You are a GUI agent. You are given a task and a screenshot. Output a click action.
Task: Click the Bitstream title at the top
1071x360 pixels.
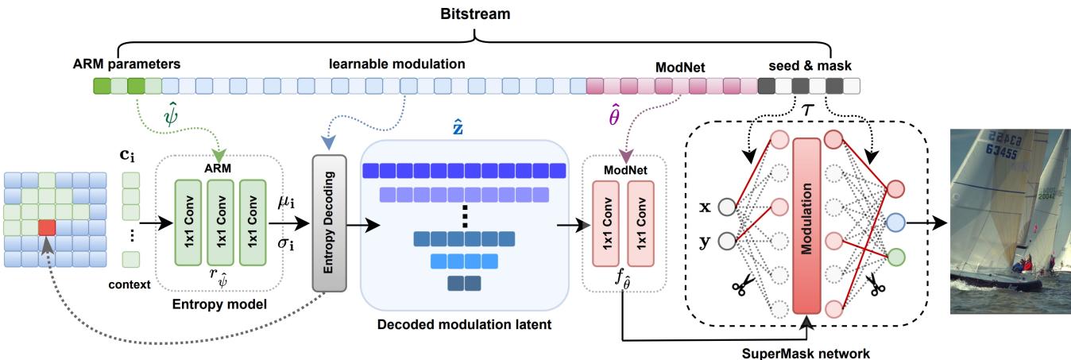475,14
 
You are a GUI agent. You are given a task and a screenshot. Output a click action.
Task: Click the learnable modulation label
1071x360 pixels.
397,62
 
